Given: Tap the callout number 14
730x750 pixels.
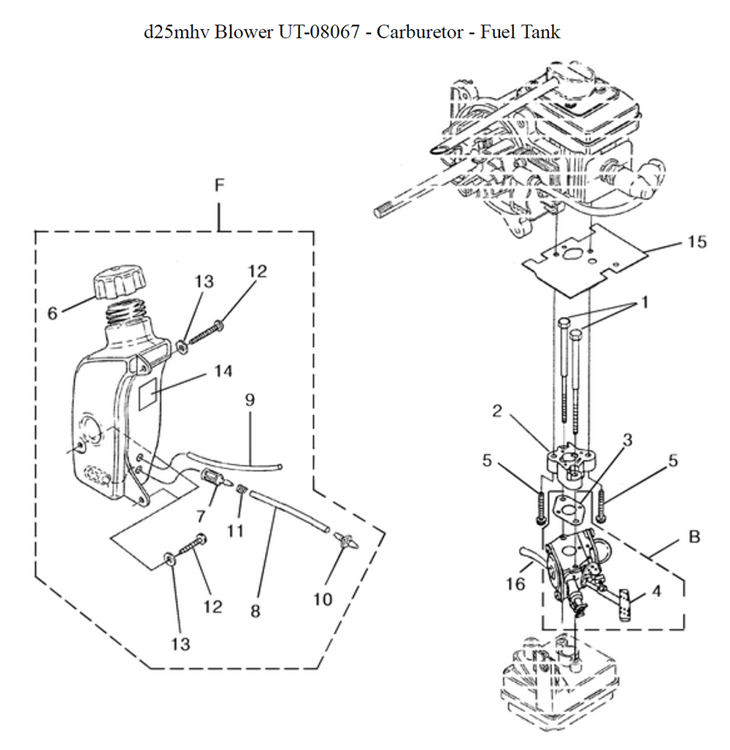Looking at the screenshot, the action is point(223,371).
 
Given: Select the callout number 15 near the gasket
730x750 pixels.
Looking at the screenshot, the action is point(696,242).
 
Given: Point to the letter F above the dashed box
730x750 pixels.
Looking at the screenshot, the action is point(220,185).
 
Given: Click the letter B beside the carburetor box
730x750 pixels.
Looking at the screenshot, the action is point(694,537).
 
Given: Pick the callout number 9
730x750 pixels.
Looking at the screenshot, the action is point(250,400).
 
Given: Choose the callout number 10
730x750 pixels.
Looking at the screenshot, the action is point(323,600).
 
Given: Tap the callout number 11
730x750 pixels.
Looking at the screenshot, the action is point(235,531).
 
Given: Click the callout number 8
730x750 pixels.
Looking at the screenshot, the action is point(255,611).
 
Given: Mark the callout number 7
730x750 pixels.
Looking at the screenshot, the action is point(201,516).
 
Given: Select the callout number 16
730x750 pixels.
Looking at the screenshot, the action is point(515,583).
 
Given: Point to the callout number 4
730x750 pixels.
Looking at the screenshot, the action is point(656,592).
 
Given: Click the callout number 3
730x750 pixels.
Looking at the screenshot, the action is point(627,440).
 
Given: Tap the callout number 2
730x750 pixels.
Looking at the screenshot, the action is point(497,411).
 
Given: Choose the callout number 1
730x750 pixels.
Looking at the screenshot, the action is point(645,302).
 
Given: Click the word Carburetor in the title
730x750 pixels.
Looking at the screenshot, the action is point(420,32).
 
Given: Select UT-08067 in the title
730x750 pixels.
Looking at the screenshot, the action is point(318,32).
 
